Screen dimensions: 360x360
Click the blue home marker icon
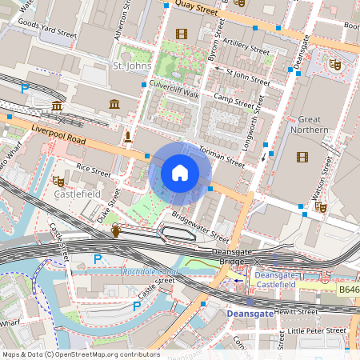pyautogui.click(x=180, y=173)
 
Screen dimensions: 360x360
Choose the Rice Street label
pyautogui.click(x=94, y=168)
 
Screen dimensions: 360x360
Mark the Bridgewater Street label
pyautogui.click(x=200, y=227)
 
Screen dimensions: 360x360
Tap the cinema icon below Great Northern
pyautogui.click(x=302, y=157)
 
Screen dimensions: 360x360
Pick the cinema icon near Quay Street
pyautogui.click(x=181, y=34)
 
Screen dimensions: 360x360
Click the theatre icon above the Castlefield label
pyautogui.click(x=58, y=181)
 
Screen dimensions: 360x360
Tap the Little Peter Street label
pyautogui.click(x=317, y=330)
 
